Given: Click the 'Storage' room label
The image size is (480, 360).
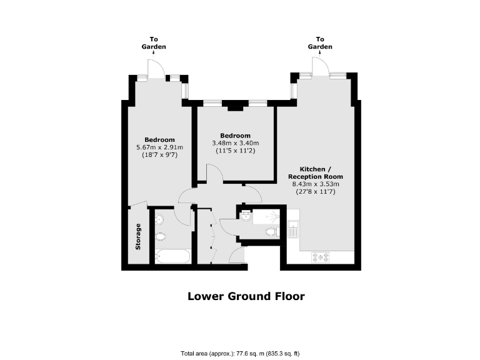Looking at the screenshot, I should point(137,236).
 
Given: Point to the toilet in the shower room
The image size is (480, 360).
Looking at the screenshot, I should point(271,232).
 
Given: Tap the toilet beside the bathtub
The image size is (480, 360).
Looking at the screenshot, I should point(162,236).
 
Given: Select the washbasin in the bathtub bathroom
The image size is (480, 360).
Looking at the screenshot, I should point(160,218).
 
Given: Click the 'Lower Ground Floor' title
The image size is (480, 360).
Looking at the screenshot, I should point(246,296).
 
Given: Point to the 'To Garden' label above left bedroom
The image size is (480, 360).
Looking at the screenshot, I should point(153,43).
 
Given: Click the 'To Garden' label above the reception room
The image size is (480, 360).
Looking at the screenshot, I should point(320,43).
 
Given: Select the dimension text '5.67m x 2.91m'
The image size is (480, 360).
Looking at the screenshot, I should point(159,147).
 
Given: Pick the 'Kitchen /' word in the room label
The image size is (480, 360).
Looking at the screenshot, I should point(312,169).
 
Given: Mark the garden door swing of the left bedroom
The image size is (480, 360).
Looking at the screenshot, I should point(155,68).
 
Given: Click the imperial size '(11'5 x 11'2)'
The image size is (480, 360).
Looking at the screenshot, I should point(235,151).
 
